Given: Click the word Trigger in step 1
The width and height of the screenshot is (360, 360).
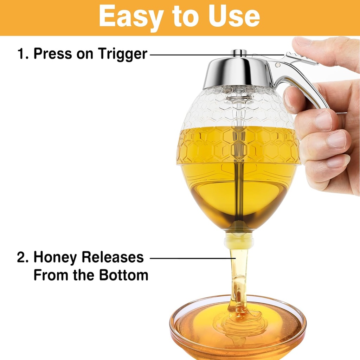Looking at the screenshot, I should coord(122,54).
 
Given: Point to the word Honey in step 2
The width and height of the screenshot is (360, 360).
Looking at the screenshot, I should coord(55,258).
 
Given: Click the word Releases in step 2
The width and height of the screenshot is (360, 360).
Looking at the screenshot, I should coord(112,258).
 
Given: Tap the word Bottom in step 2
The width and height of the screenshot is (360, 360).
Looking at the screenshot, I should coord(123,275).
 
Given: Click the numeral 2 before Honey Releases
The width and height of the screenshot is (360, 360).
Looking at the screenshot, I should coord(22,258).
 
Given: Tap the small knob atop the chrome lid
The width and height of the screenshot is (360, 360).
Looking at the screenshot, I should coord(239,53).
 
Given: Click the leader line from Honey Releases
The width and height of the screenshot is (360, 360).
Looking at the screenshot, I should coord(190,258).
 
